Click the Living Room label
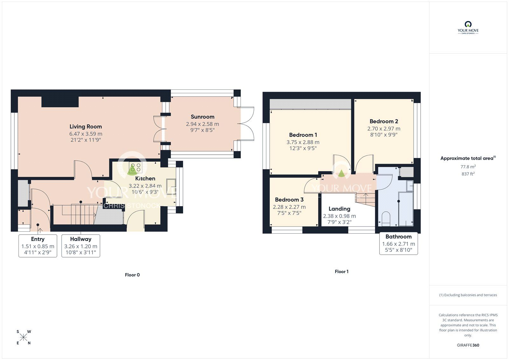click(86, 127)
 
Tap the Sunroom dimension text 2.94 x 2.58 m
click(202, 124)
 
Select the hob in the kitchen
click(136, 168)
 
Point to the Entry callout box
click(38, 246)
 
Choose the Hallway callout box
click(81, 246)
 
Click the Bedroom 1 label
click(303, 135)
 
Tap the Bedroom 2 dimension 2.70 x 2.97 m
click(384, 129)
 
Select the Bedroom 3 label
click(289, 200)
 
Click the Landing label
click(339, 209)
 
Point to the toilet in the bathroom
click(386, 219)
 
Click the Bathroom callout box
click(399, 243)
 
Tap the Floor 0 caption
click(132, 275)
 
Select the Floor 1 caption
click(342, 272)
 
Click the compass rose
click(24, 337)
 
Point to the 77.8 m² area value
click(468, 167)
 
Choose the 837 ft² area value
click(468, 174)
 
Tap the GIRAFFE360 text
click(468, 345)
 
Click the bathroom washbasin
click(410, 186)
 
